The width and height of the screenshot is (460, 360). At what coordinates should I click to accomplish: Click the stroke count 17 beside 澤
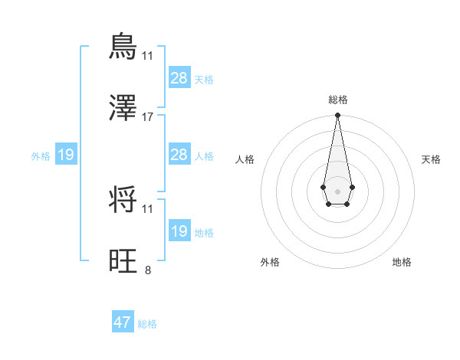(x=148, y=116)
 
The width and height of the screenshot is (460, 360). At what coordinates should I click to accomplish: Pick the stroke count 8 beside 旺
(x=148, y=270)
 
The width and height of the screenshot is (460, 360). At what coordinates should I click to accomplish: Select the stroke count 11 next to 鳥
(x=148, y=55)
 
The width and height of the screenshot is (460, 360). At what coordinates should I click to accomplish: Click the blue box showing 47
(x=123, y=322)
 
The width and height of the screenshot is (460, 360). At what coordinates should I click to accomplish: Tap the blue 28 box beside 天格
(x=179, y=77)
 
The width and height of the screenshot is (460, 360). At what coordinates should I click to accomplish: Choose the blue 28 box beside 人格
(x=179, y=155)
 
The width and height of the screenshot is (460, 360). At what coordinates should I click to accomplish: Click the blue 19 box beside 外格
(x=65, y=155)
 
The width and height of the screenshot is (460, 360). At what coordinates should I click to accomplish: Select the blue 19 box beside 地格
(x=179, y=231)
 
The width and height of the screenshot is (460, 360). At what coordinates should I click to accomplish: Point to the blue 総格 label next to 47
(x=147, y=324)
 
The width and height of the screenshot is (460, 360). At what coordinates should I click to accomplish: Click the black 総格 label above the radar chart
(x=337, y=100)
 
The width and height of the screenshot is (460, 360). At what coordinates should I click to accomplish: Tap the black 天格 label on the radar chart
(x=432, y=159)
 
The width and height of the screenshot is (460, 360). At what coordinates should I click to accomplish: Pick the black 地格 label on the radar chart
(x=402, y=262)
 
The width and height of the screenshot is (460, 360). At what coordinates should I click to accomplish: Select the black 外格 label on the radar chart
(x=270, y=262)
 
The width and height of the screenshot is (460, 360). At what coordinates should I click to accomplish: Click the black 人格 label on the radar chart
(x=245, y=159)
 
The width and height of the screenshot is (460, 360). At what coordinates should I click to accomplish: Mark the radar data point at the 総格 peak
(x=337, y=115)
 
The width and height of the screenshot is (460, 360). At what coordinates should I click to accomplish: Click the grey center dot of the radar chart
(x=337, y=190)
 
